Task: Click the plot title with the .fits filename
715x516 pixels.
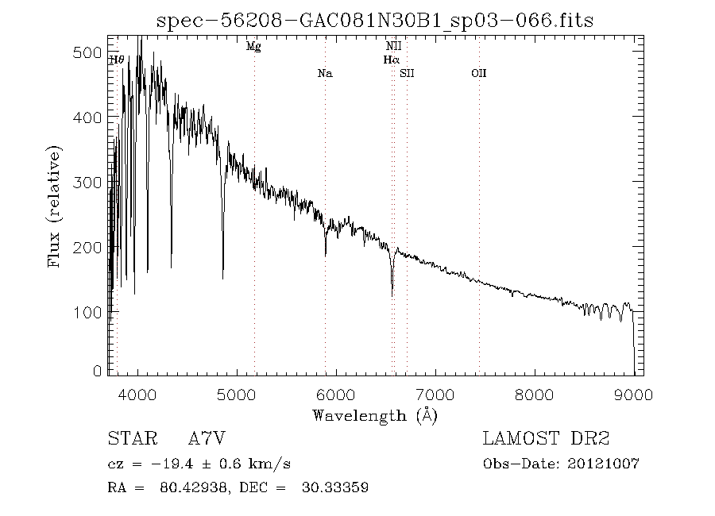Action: (x=375, y=19)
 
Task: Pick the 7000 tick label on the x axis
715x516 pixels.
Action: (x=435, y=393)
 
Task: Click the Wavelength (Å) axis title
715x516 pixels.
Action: (x=375, y=414)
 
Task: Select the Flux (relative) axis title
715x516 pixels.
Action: (x=55, y=206)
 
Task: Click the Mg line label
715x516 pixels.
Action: (x=253, y=47)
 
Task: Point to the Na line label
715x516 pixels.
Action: (x=324, y=74)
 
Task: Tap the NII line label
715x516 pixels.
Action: (x=393, y=47)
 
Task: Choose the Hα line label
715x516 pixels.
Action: (x=391, y=60)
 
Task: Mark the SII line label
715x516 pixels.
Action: (x=408, y=74)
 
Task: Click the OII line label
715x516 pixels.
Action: (x=478, y=74)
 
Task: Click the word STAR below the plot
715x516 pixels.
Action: (x=129, y=439)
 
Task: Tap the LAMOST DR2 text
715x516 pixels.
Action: (x=546, y=439)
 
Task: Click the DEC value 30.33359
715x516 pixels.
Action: (x=334, y=487)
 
